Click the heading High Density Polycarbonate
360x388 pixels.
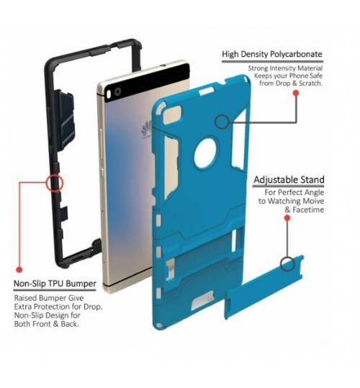(272, 54)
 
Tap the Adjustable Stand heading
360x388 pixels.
(289, 180)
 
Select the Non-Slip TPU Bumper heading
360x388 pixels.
(55, 284)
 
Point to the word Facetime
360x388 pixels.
(308, 210)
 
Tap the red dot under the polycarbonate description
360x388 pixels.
(296, 93)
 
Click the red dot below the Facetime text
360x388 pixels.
(287, 218)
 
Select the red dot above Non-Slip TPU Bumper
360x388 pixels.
(19, 269)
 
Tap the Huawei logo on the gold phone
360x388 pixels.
(146, 128)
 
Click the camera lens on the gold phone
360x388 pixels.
(118, 92)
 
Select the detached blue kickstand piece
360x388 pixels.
(264, 287)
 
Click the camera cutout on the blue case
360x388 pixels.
(173, 114)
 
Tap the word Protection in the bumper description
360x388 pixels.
(52, 307)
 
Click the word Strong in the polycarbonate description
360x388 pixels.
(258, 68)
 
